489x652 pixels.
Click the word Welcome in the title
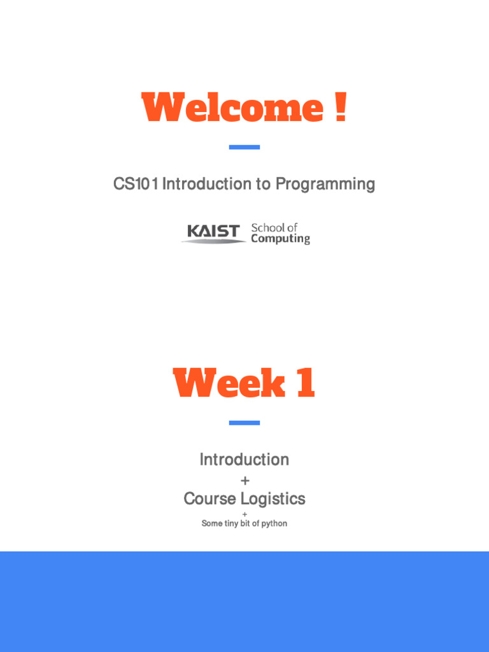point(232,108)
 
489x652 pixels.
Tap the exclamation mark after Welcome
point(340,108)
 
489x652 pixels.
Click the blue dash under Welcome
point(244,147)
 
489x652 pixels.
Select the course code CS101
point(136,184)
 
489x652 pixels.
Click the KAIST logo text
point(213,232)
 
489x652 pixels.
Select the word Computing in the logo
point(280,239)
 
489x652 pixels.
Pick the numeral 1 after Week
point(305,384)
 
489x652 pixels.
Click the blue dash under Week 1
point(244,423)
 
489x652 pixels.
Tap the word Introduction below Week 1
point(244,459)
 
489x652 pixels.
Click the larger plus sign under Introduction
point(245,481)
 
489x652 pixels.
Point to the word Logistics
point(273,499)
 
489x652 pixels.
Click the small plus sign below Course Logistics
point(244,514)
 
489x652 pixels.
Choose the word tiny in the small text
point(230,523)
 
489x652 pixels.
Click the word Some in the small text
point(211,523)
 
